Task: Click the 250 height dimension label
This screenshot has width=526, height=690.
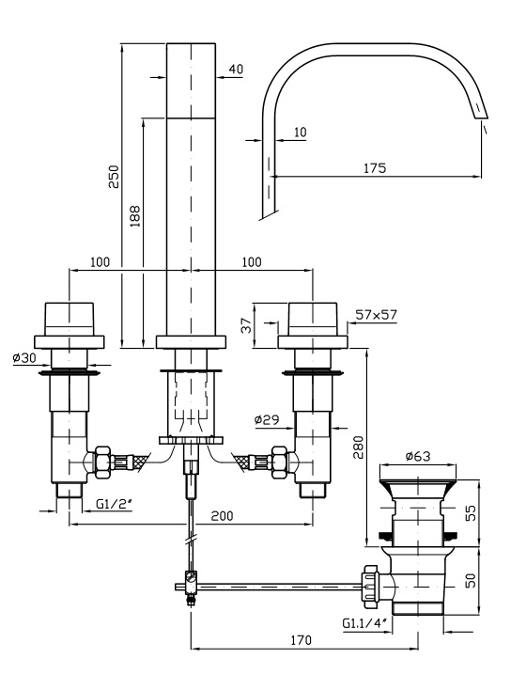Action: pos(115,177)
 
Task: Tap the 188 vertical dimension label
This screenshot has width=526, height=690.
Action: pos(135,216)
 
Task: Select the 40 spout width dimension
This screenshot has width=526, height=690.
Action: pos(236,69)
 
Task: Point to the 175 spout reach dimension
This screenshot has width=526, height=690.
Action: pos(375,168)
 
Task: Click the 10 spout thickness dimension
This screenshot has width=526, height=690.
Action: pos(300,132)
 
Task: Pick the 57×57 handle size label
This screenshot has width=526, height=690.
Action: pos(376,315)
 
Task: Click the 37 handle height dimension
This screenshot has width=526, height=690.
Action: pos(248,325)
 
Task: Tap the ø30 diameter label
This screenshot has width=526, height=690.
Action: pos(24,358)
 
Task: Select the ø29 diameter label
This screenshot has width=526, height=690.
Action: pos(267,419)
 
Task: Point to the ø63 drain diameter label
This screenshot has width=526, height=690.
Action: pos(418,456)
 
